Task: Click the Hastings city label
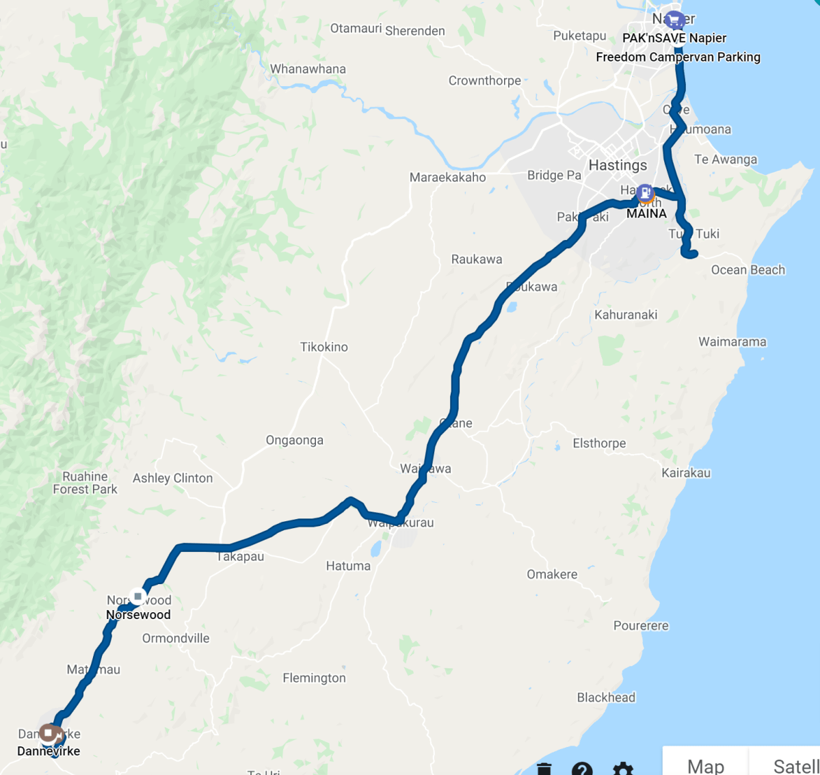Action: (x=618, y=166)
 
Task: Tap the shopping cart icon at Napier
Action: (x=674, y=20)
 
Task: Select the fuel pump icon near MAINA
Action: (x=644, y=193)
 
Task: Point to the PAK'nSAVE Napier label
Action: (x=674, y=38)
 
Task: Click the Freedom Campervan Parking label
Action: (x=678, y=57)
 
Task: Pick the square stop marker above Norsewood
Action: (x=138, y=596)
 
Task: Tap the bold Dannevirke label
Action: (x=49, y=751)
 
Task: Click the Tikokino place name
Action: (x=324, y=347)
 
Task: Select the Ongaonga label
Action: (x=295, y=441)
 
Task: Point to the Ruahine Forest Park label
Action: (x=85, y=483)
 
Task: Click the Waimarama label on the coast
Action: (x=732, y=342)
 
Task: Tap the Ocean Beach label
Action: (x=748, y=270)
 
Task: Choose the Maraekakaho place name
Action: (x=448, y=178)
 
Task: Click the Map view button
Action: (x=705, y=765)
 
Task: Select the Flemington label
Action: (x=315, y=679)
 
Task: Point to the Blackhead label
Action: (x=606, y=698)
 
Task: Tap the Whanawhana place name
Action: (x=308, y=69)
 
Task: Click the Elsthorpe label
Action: (x=599, y=444)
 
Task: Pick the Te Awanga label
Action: (x=726, y=160)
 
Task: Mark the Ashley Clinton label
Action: (x=172, y=479)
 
